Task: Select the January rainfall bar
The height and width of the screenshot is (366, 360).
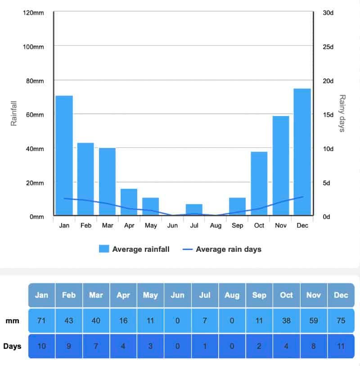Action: point(64,156)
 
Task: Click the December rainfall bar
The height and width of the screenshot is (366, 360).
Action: point(302,152)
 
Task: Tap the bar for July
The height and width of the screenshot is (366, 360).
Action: point(194,210)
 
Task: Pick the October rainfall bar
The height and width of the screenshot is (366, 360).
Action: point(259,184)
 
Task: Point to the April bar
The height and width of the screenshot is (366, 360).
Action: point(129,202)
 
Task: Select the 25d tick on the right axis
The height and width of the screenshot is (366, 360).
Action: point(328,47)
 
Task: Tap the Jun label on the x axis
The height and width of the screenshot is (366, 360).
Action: point(172,226)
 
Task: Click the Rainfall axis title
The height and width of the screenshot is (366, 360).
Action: point(13,113)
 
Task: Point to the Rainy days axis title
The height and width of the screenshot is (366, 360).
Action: point(342,113)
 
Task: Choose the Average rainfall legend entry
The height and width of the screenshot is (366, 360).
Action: point(134,249)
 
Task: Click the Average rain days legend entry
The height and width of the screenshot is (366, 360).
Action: point(222,249)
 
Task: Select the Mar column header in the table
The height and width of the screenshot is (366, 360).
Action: point(96,295)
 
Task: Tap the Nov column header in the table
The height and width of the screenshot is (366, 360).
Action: point(314,295)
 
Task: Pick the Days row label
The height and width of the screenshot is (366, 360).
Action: point(12,346)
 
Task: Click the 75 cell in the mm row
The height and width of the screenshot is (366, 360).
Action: point(341,321)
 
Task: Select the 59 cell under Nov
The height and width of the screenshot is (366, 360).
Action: point(314,321)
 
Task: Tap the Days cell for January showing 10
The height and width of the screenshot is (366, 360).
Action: point(41,346)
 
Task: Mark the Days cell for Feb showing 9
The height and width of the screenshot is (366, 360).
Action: point(69,346)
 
